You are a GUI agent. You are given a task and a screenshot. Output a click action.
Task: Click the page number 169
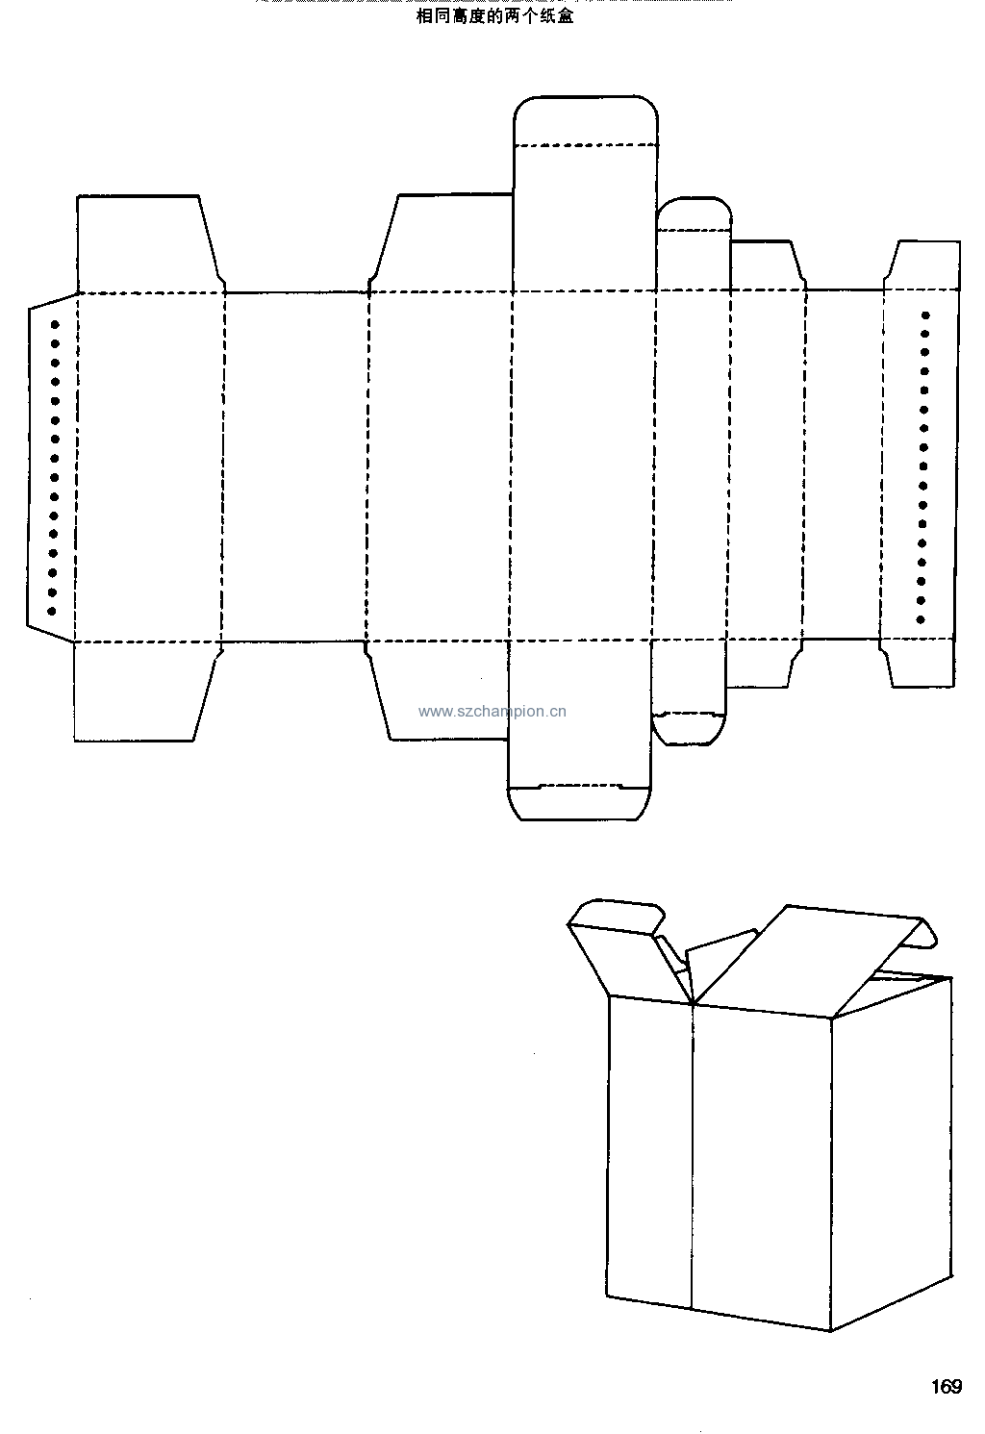[947, 1386]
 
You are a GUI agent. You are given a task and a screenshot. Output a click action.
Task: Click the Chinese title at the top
[494, 16]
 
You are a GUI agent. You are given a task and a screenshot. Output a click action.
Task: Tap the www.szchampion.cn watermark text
[492, 712]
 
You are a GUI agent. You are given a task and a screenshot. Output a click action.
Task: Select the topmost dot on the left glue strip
[55, 324]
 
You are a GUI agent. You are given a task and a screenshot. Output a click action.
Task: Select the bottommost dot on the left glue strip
[52, 611]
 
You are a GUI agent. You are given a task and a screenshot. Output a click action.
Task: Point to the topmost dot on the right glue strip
[925, 314]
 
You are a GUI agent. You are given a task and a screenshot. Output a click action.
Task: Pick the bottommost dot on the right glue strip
[921, 619]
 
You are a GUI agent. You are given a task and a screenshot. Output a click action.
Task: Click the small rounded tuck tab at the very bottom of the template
[579, 803]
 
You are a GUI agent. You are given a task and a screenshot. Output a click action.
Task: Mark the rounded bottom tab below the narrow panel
[689, 729]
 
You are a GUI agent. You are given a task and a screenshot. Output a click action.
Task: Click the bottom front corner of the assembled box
[831, 1331]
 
